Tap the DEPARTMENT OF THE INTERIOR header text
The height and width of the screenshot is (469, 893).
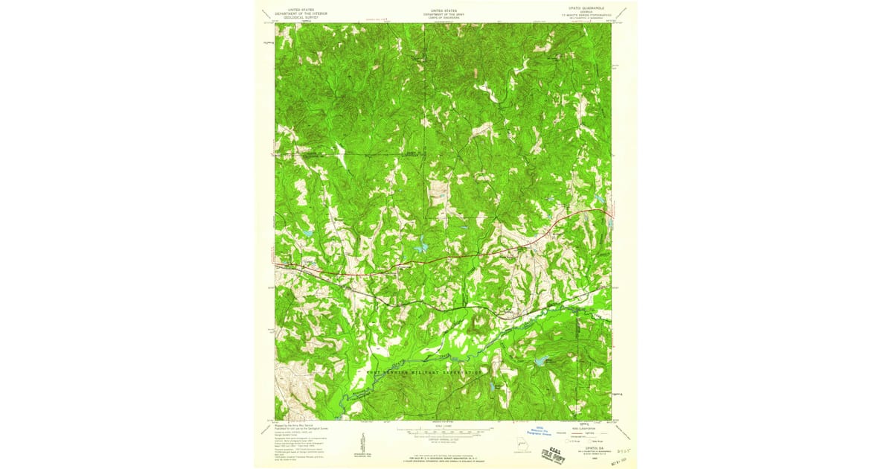tap(301, 13)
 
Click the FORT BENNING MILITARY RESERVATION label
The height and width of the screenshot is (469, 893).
tap(424, 371)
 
